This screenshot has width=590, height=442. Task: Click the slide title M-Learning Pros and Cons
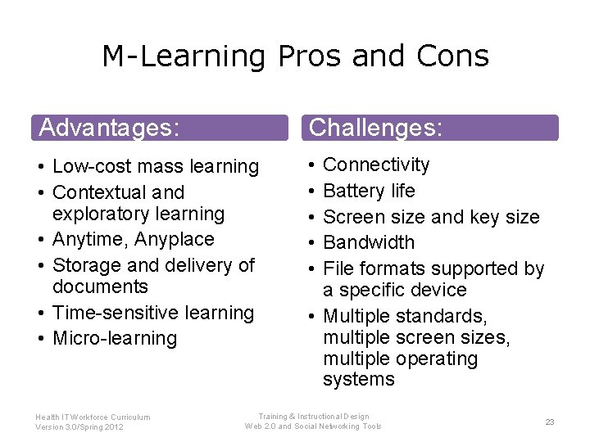[295, 56]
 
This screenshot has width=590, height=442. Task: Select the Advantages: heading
[109, 128]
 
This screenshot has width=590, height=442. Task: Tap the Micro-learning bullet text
[115, 338]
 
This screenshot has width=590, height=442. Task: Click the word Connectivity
[376, 165]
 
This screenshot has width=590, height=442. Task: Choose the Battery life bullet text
[369, 191]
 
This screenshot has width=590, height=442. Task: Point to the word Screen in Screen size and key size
[349, 217]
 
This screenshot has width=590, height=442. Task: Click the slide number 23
[550, 422]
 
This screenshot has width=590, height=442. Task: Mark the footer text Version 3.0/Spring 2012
[79, 427]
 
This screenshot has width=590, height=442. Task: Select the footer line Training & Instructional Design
[314, 417]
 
